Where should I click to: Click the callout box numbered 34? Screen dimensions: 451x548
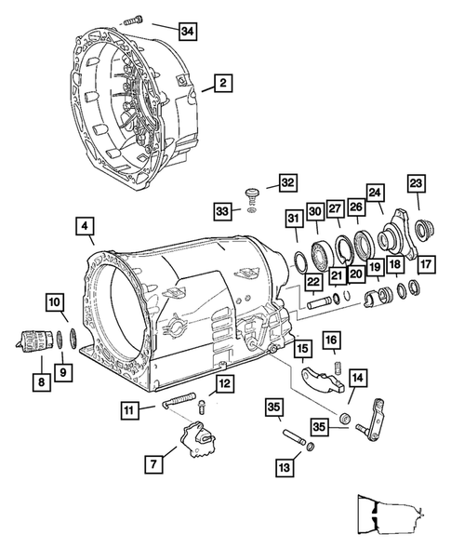click(187, 32)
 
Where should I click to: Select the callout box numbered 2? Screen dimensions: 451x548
click(223, 83)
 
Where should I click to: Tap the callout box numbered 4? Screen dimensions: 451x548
click(85, 226)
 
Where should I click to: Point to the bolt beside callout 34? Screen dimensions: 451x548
click(133, 20)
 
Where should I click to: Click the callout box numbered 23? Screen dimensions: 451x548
click(416, 183)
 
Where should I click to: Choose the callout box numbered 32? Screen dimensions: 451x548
click(288, 182)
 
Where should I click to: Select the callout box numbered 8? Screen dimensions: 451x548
click(42, 382)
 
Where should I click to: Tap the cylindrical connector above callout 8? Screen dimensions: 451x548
click(34, 339)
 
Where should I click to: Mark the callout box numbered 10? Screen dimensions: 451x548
click(55, 302)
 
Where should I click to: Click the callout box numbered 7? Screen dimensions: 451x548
click(153, 464)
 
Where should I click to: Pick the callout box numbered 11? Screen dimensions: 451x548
click(129, 410)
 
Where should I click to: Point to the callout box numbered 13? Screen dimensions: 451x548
click(285, 467)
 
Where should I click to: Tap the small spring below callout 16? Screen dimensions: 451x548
click(338, 368)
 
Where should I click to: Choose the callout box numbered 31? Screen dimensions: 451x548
click(294, 220)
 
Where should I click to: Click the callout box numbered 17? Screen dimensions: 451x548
click(426, 264)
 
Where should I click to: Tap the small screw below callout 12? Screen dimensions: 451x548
click(201, 407)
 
